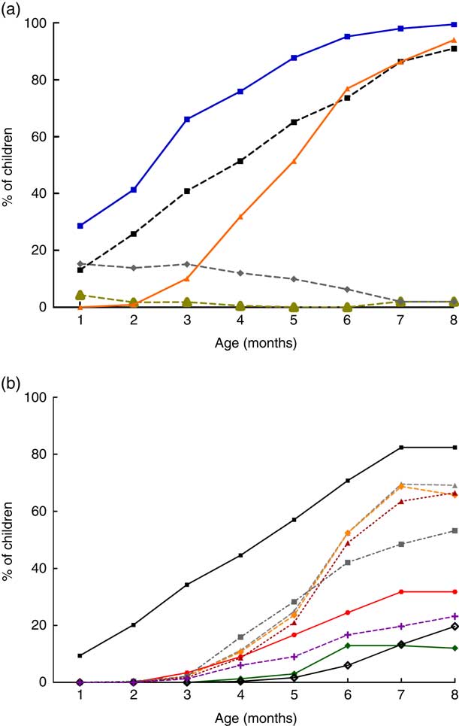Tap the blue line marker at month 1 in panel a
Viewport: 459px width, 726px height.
coord(80,226)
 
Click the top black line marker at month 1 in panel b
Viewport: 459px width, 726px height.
coord(80,655)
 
